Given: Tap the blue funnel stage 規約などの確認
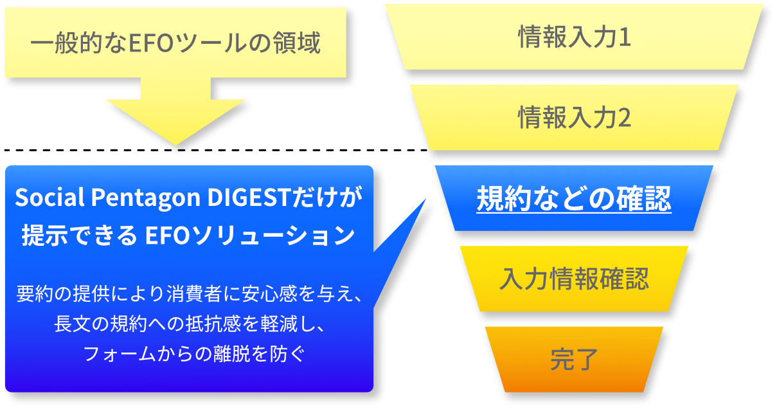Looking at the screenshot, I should click(574, 199).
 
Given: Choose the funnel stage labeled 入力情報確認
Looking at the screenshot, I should click(574, 279).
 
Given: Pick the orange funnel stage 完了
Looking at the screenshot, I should click(574, 360).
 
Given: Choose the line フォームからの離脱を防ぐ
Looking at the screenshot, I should click(190, 353).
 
